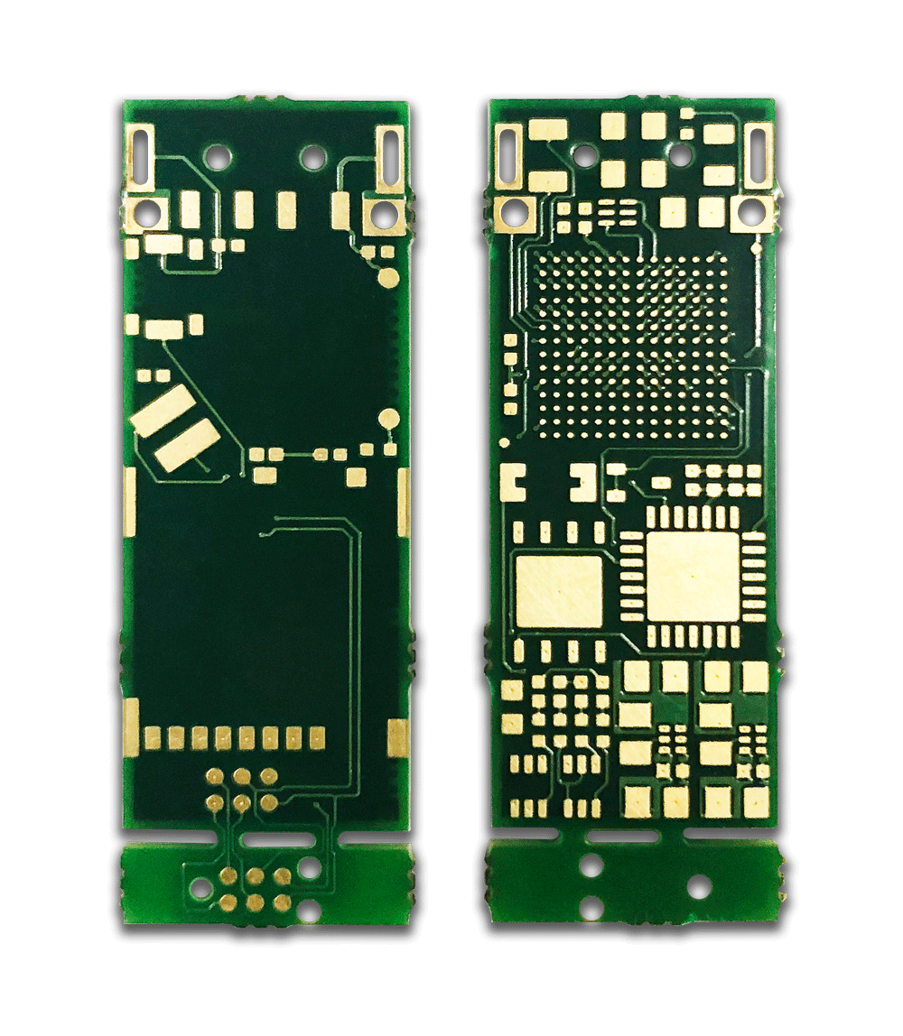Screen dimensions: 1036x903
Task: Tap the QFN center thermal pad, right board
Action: point(693,576)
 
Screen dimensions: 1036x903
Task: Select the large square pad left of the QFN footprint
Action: point(559,590)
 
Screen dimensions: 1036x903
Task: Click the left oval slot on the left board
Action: point(142,152)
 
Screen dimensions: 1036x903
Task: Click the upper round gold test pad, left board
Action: point(388,276)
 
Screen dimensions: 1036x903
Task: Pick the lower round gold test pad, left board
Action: point(389,418)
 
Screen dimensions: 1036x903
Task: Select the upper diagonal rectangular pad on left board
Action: point(163,410)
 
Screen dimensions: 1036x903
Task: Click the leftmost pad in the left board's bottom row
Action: point(153,738)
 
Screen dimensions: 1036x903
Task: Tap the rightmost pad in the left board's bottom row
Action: point(317,738)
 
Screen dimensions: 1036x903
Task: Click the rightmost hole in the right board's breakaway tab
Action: point(698,885)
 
